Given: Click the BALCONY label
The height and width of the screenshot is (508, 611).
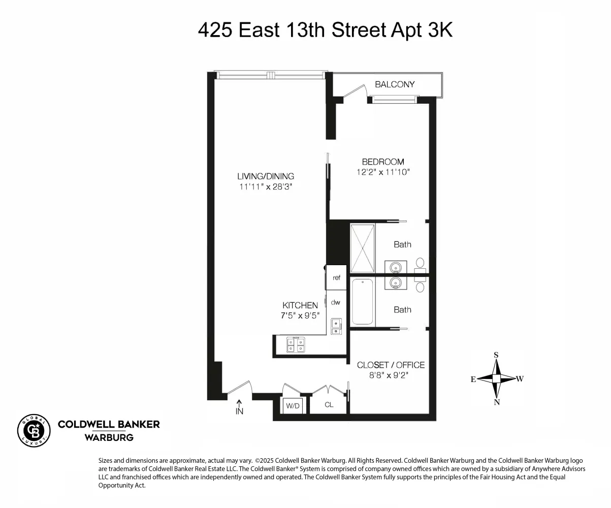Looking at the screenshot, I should (x=395, y=84).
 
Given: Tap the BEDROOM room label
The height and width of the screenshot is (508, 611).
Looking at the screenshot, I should (x=383, y=162).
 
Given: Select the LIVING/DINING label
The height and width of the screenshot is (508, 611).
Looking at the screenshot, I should (x=266, y=176).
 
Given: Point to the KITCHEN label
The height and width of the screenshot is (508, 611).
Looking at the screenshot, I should (x=300, y=305).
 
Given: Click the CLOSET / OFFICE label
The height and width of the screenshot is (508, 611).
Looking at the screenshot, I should (x=391, y=365).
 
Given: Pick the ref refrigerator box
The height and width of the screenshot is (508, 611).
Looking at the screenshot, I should (x=336, y=277).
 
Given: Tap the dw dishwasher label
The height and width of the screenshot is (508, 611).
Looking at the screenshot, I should (x=335, y=302).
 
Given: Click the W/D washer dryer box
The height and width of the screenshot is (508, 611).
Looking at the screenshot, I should (x=293, y=406).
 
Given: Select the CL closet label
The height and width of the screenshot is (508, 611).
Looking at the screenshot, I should (x=329, y=405).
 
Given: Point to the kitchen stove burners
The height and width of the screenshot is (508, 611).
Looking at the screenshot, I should (x=296, y=345).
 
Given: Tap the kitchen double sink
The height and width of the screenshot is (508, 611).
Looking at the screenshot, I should (x=336, y=326).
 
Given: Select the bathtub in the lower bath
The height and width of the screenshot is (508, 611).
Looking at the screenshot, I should (x=363, y=301).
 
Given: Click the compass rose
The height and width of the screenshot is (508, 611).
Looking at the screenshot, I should (x=497, y=378).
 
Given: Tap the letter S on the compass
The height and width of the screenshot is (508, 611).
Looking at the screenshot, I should (x=497, y=355).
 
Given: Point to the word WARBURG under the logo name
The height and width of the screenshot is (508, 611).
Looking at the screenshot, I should (x=109, y=437).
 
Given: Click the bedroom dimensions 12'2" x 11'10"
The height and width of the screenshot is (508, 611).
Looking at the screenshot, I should (x=383, y=172).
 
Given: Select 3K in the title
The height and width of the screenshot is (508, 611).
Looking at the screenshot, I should (x=437, y=30).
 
